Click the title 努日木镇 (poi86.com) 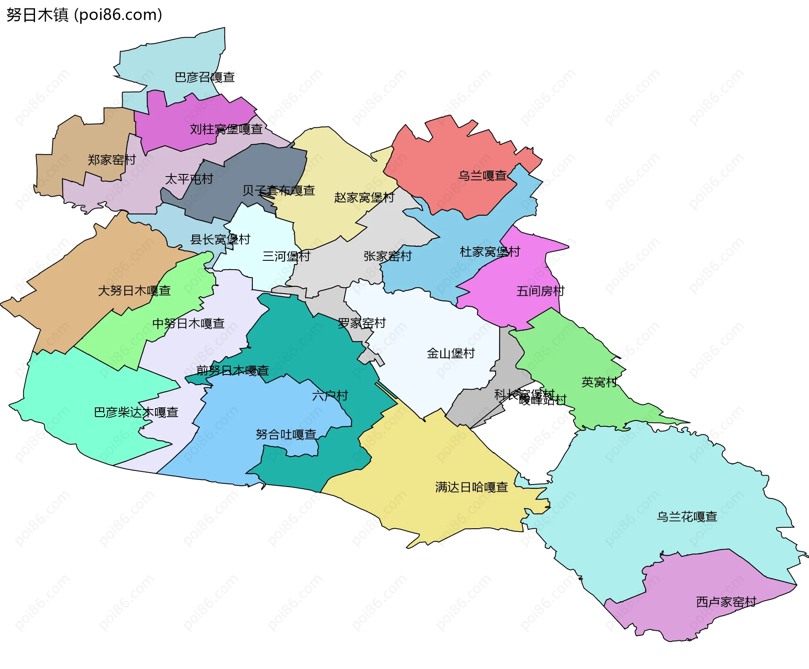click(84, 15)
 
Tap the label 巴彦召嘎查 click(205, 78)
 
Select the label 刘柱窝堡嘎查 click(226, 129)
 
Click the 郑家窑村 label click(112, 160)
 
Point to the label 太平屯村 click(189, 179)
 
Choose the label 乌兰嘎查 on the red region click(482, 176)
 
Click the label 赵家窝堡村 click(364, 198)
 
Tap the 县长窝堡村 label click(220, 240)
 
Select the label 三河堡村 click(286, 256)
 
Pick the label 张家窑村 click(388, 256)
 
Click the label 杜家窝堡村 click(490, 252)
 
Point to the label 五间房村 click(540, 291)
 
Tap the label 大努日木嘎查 click(134, 291)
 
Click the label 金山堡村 click(451, 353)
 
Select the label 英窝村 click(599, 383)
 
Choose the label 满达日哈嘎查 click(471, 487)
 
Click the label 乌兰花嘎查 click(687, 517)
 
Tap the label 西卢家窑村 click(726, 602)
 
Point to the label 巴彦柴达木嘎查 click(136, 412)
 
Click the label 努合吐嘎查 click(286, 434)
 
